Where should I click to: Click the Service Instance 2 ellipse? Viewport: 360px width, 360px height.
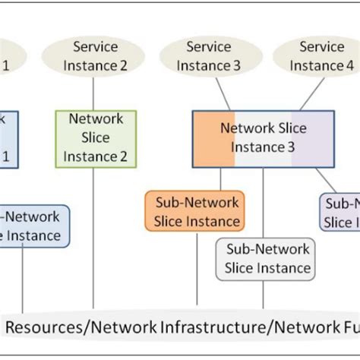[x=94, y=56]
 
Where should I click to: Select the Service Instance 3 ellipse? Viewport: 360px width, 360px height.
[x=208, y=56]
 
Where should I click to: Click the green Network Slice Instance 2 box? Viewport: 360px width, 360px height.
[x=96, y=138]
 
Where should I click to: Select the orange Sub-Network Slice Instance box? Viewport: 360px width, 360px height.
[x=197, y=211]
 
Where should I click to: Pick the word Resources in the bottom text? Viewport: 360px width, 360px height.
[x=41, y=328]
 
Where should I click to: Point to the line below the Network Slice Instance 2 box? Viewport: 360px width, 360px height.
[x=94, y=235]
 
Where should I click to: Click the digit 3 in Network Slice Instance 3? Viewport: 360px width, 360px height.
[x=290, y=147]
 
